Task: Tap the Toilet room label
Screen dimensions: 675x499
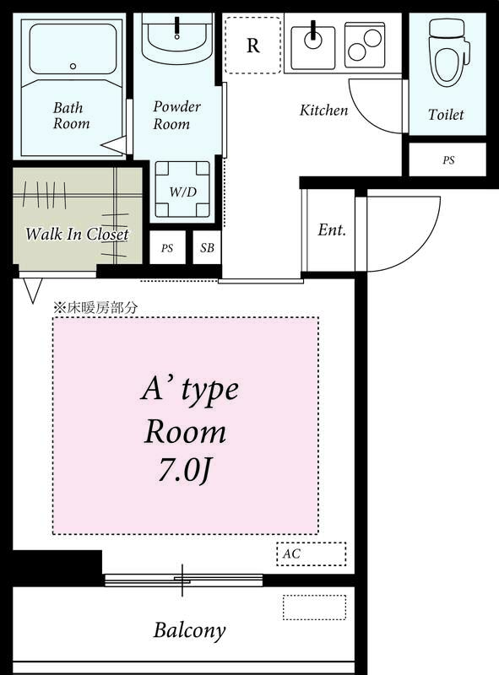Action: [x=446, y=115]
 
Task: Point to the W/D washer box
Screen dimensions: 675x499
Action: [x=182, y=191]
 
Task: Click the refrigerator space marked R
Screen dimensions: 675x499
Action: [x=252, y=46]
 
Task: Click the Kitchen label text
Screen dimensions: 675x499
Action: [x=323, y=111]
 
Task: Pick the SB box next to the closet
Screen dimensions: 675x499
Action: [x=207, y=249]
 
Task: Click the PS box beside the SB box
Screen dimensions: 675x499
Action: [x=167, y=249]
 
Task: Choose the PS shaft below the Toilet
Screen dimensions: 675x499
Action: [x=447, y=159]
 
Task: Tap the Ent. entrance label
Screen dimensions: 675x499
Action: [x=331, y=230]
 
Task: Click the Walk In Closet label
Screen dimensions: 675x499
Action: [x=77, y=234]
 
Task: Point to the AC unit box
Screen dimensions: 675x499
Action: [x=311, y=554]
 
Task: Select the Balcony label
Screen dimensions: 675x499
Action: [x=189, y=630]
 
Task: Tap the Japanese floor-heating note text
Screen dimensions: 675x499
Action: [x=95, y=308]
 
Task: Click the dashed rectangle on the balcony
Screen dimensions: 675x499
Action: [x=314, y=607]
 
